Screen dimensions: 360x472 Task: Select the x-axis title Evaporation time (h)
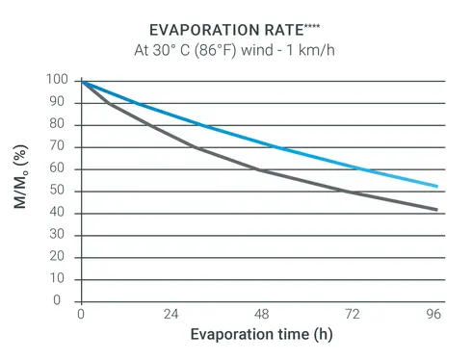[x=260, y=335]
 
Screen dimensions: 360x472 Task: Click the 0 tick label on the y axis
[x=61, y=300]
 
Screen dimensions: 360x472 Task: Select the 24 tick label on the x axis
[x=171, y=315]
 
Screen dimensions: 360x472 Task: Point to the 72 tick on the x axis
[x=353, y=315]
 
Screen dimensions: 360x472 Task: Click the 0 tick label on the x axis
[x=82, y=315]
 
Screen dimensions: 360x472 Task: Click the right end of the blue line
[x=438, y=186]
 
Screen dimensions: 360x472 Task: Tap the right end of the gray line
[x=438, y=210]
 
